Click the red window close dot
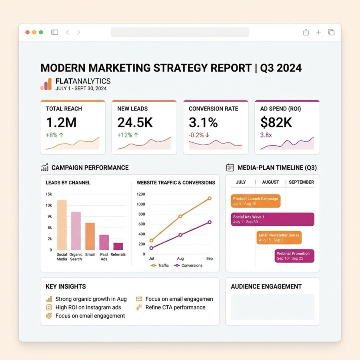point(28,32)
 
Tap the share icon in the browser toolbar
point(306,32)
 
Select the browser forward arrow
point(78,32)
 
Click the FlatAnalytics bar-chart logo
point(46,84)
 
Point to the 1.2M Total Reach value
point(61,122)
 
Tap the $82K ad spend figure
point(276,122)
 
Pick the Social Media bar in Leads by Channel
point(62,225)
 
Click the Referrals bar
point(118,246)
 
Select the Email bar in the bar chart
point(90,236)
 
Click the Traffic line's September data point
point(209,198)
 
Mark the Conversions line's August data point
point(180,235)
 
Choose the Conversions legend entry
point(188,266)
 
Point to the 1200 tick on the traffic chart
point(141,194)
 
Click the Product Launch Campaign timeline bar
point(256,201)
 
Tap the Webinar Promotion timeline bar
point(294,256)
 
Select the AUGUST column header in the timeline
point(270,182)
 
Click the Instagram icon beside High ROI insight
point(49,308)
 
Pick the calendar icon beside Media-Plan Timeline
point(230,167)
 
